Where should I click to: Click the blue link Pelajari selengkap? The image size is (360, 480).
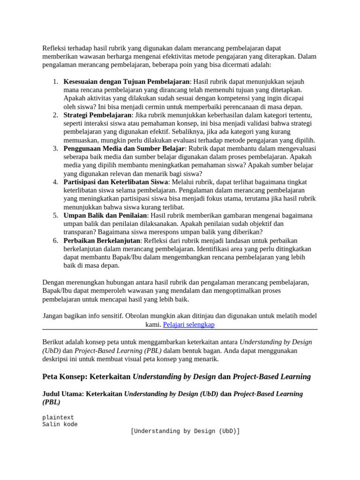[188, 324]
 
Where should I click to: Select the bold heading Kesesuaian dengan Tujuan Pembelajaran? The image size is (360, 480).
[127, 81]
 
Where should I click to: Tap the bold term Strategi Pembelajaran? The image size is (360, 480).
[97, 115]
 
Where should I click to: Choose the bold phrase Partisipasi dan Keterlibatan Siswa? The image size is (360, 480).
[116, 182]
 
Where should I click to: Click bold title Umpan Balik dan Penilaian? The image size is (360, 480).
[105, 215]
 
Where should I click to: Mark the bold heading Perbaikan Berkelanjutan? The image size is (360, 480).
[102, 240]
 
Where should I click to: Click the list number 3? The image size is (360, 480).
[55, 148]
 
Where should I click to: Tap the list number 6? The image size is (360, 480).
[55, 240]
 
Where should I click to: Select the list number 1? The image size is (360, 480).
[55, 81]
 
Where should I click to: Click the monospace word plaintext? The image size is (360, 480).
[58, 417]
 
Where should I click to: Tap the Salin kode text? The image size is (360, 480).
[60, 424]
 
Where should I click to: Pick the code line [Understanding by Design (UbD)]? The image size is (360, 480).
[185, 431]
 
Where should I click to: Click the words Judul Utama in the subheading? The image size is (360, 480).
[62, 394]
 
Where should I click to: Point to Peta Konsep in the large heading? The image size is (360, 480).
[63, 376]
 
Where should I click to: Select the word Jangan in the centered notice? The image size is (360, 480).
[54, 316]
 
